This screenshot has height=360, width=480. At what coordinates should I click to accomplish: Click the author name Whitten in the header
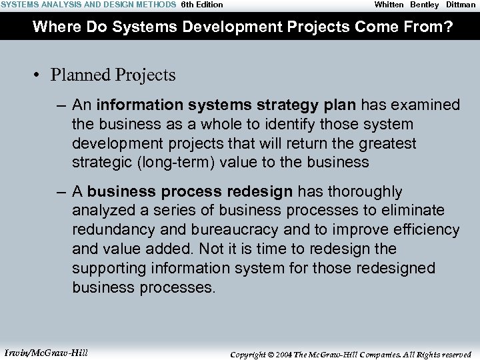coord(389,5)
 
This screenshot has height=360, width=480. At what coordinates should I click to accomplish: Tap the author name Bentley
coord(424,5)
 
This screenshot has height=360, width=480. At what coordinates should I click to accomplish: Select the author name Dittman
coord(461,5)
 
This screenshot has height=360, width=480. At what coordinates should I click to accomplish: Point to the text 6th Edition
coord(202,5)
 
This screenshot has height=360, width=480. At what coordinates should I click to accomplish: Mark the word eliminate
coord(413,211)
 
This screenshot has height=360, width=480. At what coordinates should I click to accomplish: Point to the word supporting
coord(108,268)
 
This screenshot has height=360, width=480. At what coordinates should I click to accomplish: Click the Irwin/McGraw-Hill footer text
coord(45,352)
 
